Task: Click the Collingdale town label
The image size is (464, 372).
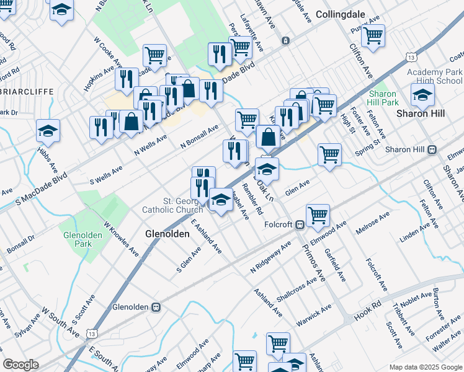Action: (339, 14)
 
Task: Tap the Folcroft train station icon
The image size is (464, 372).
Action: (299, 224)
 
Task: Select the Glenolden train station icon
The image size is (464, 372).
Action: (156, 307)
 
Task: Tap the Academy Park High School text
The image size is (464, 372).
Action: (435, 76)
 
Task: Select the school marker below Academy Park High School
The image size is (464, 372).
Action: (422, 94)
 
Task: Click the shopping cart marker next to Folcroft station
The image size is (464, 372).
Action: (318, 216)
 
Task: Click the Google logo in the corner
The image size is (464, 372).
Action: (20, 365)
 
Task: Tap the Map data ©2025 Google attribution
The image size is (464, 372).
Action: (425, 367)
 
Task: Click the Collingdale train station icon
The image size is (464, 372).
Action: (285, 41)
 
